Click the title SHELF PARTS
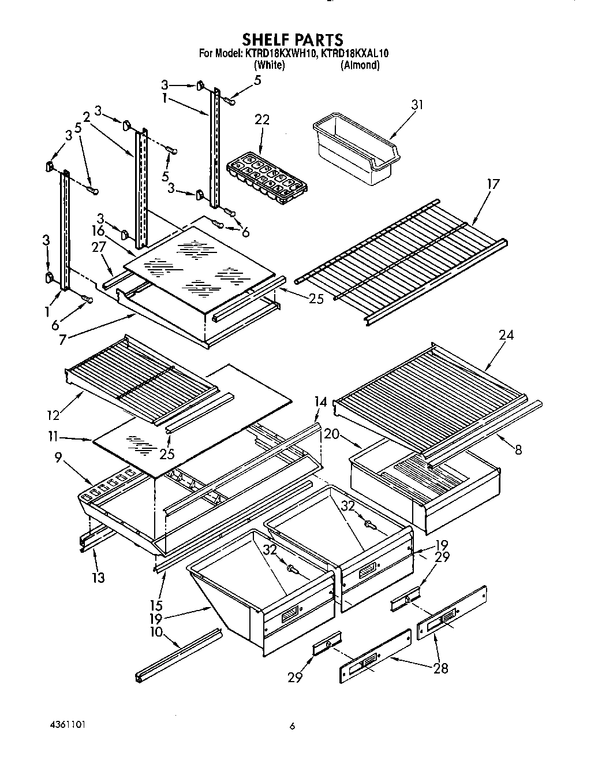tap(293, 39)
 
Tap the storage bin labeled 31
tap(354, 151)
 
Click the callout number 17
tap(492, 184)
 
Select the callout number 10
tap(156, 632)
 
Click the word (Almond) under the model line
tap(360, 65)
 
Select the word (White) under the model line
tap(270, 65)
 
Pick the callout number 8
tap(518, 449)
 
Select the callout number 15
tap(156, 605)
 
